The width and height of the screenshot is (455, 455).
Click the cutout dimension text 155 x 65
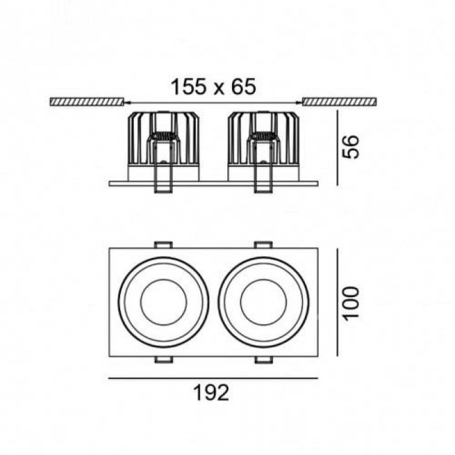tap(213, 86)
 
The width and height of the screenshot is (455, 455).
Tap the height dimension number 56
tap(351, 146)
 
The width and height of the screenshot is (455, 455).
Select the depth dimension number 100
tap(351, 304)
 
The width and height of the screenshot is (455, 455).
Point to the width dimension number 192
tap(211, 393)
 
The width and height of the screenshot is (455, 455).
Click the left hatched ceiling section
tap(86, 102)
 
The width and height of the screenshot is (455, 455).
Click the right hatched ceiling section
tap(340, 102)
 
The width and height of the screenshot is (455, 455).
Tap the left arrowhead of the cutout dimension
tap(127, 102)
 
